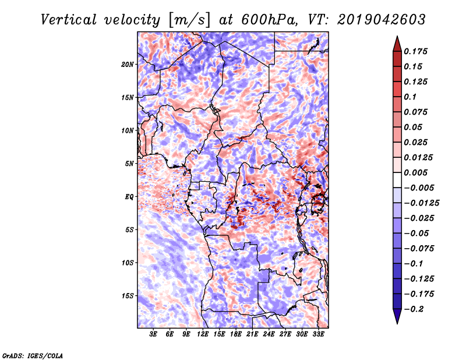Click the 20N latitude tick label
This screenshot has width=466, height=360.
(128, 64)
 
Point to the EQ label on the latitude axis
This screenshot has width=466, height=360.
(129, 197)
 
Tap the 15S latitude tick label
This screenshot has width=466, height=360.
(128, 296)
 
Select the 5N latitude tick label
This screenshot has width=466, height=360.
(129, 164)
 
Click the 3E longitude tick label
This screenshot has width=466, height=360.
(153, 334)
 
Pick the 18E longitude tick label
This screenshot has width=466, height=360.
(235, 334)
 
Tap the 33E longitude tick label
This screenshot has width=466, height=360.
(318, 334)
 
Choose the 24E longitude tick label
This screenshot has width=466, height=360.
(269, 334)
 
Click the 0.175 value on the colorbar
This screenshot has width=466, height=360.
(415, 51)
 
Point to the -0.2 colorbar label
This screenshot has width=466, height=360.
(414, 309)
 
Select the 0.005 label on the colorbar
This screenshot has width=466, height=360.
(415, 172)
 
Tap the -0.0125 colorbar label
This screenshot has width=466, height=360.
(421, 203)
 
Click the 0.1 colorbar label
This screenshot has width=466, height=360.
(410, 97)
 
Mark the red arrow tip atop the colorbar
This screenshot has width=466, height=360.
(397, 37)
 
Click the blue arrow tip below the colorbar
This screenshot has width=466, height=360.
(397, 323)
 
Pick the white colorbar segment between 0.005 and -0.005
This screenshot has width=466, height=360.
(397, 180)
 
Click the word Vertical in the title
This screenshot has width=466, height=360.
(69, 20)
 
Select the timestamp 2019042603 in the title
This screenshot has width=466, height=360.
(382, 20)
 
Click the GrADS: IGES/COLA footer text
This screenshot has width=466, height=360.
(33, 355)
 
